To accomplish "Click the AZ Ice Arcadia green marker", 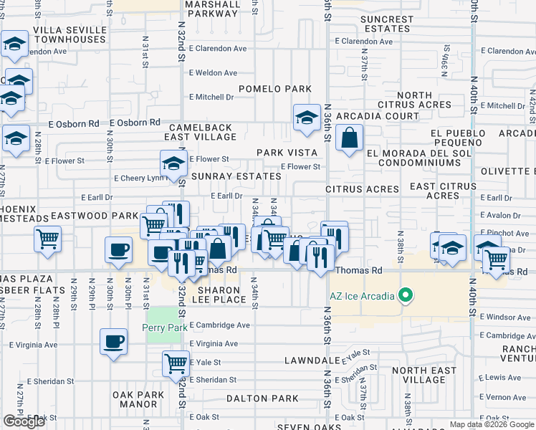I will [x=405, y=295].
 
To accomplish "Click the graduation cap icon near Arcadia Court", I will [x=307, y=118].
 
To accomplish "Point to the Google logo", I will [x=24, y=421].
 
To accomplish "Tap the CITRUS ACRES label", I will [x=362, y=189].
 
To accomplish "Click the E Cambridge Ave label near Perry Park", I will [x=220, y=325].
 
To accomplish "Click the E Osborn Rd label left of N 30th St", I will [x=75, y=124].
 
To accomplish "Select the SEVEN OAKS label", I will [x=310, y=427].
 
